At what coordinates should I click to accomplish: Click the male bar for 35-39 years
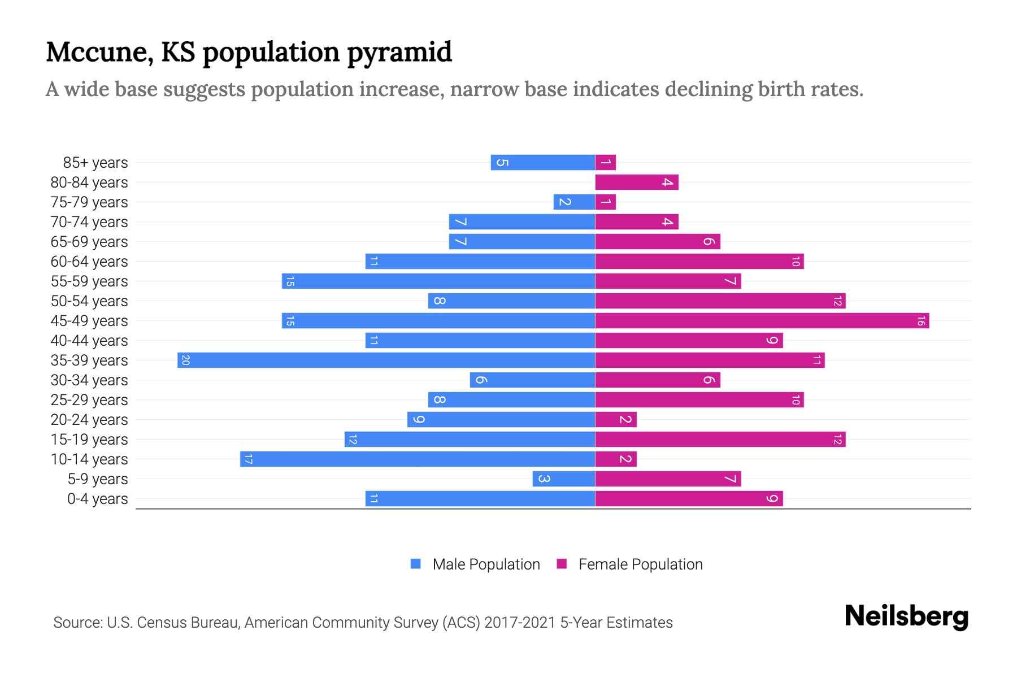pos(386,360)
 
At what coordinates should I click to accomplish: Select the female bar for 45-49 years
pos(762,321)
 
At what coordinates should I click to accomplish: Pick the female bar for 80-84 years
pos(636,182)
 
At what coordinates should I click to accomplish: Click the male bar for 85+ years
pos(542,163)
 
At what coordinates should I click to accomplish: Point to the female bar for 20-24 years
pos(615,420)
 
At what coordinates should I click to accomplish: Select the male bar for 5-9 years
pos(563,479)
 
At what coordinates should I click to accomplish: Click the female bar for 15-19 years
pos(720,440)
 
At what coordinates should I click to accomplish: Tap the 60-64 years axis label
pos(89,262)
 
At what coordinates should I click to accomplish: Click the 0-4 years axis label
pos(97,499)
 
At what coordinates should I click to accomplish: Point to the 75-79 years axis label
pos(89,202)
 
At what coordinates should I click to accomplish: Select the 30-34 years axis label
pos(89,380)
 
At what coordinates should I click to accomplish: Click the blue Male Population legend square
pos(416,564)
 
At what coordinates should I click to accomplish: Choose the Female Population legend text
pos(640,564)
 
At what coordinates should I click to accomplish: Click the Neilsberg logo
pos(906,616)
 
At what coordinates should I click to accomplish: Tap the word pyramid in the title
pos(399,53)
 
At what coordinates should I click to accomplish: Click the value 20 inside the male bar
pos(185,360)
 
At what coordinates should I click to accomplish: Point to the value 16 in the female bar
pos(920,321)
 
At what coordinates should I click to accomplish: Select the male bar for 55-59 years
pos(438,281)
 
